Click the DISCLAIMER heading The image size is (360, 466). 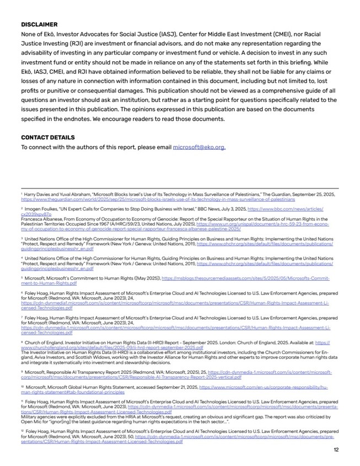tap(39, 25)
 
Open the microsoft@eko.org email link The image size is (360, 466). tap(198, 147)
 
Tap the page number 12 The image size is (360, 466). tap(336, 449)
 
